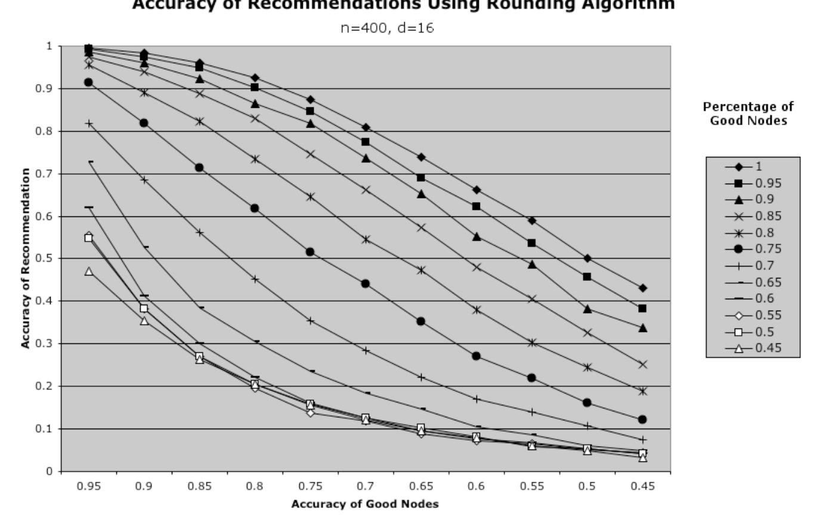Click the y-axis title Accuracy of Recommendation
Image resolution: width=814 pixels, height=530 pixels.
(25, 258)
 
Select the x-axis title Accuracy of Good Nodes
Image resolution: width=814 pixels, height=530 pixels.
(365, 504)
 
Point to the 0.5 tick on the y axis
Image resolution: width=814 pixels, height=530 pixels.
(51, 259)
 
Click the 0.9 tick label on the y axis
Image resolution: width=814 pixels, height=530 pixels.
(51, 88)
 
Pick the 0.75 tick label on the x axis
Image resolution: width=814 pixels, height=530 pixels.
(310, 486)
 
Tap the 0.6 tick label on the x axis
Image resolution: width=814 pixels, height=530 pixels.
(476, 486)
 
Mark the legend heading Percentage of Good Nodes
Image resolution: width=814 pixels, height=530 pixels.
(748, 113)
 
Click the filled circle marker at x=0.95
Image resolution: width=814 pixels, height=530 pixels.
(89, 82)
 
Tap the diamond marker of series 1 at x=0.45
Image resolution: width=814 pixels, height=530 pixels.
(642, 288)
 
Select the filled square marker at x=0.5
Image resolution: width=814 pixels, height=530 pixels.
(587, 277)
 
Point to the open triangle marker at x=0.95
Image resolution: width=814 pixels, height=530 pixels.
(89, 271)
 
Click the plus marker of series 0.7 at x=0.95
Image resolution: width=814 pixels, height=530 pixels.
(89, 123)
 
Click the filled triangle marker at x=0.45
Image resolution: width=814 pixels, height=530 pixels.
(642, 328)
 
